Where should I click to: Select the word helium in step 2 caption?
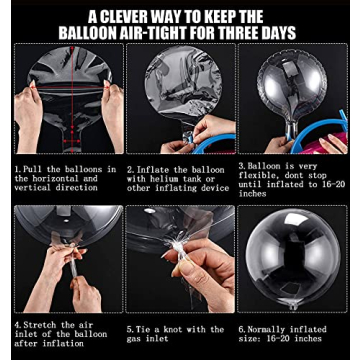coord(166,179)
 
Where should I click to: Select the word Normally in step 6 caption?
coord(267,330)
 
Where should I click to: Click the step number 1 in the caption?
coord(16,169)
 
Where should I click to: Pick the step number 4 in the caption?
coord(17,324)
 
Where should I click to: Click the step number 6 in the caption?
coord(241,330)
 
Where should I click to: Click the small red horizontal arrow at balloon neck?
coord(72,141)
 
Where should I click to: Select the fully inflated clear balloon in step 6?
coord(292,257)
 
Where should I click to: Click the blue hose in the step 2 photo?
coord(212,143)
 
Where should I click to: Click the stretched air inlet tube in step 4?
coord(73,263)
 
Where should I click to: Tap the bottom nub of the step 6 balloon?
coord(293,306)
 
